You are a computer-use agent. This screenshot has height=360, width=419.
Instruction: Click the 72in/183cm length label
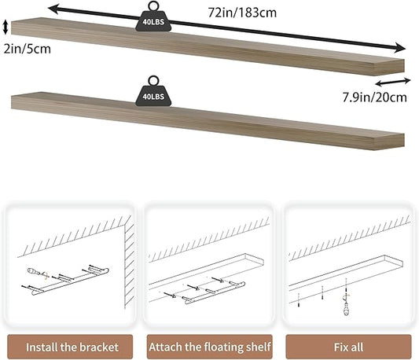pos(242,13)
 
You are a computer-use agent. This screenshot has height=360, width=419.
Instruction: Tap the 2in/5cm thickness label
pos(28,49)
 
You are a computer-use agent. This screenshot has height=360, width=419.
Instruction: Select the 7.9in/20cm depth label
pos(375,97)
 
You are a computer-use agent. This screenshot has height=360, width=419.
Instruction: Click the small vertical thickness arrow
pos(6,28)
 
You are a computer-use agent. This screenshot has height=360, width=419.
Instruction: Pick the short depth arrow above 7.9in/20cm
pos(393,82)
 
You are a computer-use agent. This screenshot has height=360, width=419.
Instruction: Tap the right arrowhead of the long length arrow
pos(400,48)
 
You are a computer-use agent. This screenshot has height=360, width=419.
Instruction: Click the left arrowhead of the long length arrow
pos(54,9)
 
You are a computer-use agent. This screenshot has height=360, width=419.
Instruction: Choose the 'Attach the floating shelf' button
pos(209,347)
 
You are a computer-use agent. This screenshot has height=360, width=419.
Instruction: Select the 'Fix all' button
pos(348,347)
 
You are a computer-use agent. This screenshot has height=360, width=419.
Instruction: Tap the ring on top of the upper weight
pos(153,6)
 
